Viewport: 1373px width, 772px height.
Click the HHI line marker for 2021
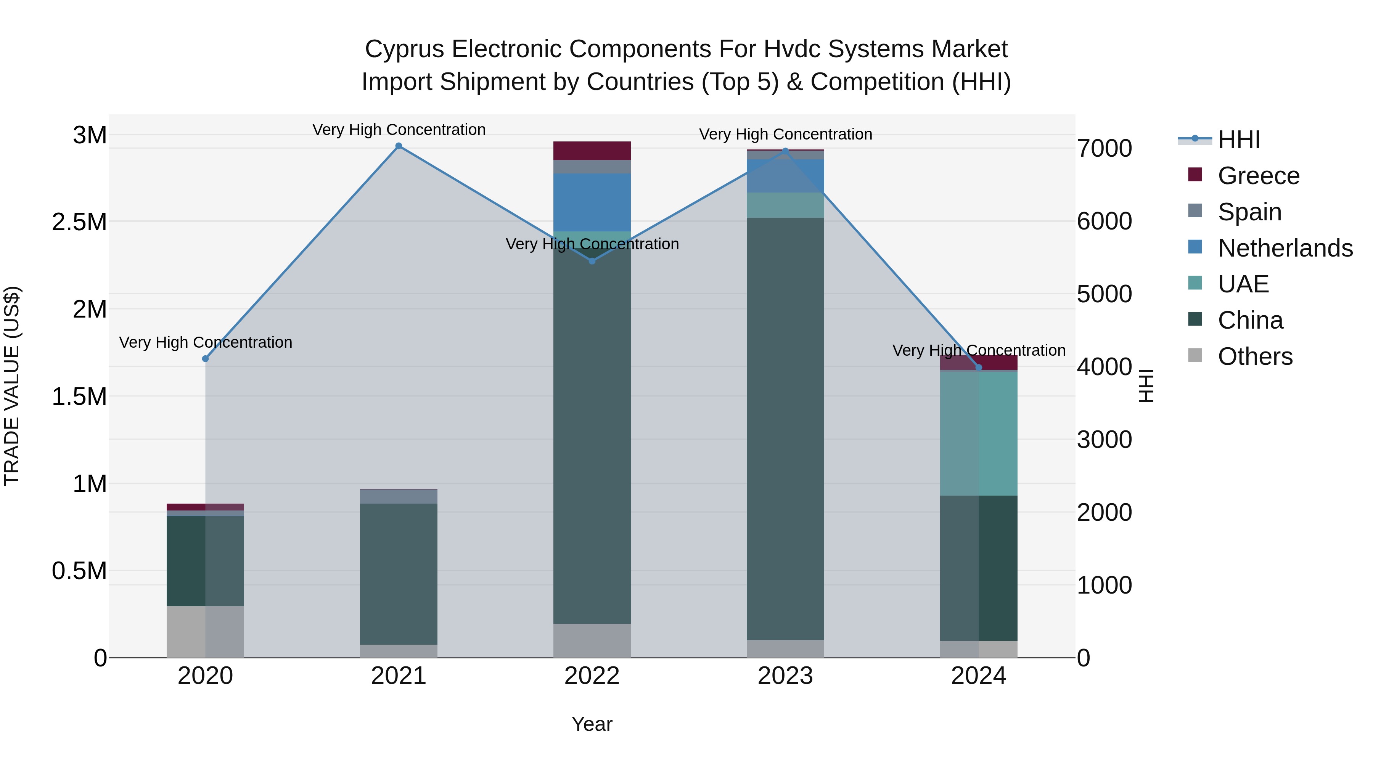tap(399, 146)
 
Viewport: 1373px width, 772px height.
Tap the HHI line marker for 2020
tap(205, 359)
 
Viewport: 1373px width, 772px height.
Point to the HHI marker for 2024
tap(979, 368)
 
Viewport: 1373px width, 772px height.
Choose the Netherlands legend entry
tap(1285, 248)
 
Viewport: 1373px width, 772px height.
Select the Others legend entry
tap(1255, 356)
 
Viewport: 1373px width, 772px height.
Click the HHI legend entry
tap(1239, 140)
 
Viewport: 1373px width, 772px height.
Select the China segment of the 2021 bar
tap(399, 574)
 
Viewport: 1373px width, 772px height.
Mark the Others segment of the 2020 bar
tap(205, 631)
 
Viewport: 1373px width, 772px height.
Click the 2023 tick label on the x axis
tap(785, 676)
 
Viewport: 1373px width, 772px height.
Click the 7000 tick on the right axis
tap(1105, 148)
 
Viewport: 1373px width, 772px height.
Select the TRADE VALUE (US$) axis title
tap(12, 386)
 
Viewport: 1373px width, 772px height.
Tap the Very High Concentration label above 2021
tap(399, 130)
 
